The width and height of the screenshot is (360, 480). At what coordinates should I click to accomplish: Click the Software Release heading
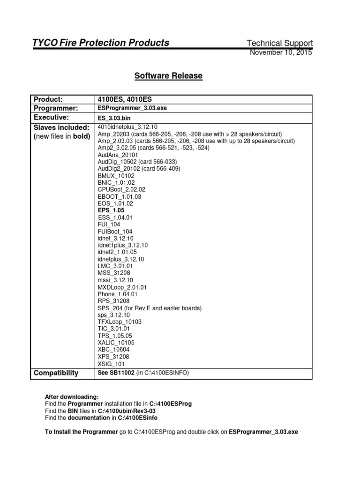pyautogui.click(x=168, y=75)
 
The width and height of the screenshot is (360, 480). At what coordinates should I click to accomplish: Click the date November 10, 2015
pyautogui.click(x=281, y=52)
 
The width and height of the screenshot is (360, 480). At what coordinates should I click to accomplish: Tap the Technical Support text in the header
pyautogui.click(x=279, y=43)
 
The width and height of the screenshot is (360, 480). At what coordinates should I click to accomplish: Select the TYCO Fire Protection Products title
pyautogui.click(x=100, y=43)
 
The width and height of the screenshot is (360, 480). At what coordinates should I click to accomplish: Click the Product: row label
pyautogui.click(x=48, y=99)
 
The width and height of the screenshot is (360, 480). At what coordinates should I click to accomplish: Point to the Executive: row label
pyautogui.click(x=51, y=117)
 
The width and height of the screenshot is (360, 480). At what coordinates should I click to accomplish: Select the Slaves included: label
pyautogui.click(x=61, y=127)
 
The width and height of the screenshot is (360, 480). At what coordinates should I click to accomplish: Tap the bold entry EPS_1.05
pyautogui.click(x=111, y=211)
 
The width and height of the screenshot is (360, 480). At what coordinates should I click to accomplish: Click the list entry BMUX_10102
pyautogui.click(x=116, y=176)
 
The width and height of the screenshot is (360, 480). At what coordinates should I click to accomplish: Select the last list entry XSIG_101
pyautogui.click(x=112, y=364)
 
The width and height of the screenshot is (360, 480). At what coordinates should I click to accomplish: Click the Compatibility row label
pyautogui.click(x=56, y=373)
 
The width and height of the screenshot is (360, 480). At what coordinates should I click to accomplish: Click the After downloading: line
pyautogui.click(x=72, y=397)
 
